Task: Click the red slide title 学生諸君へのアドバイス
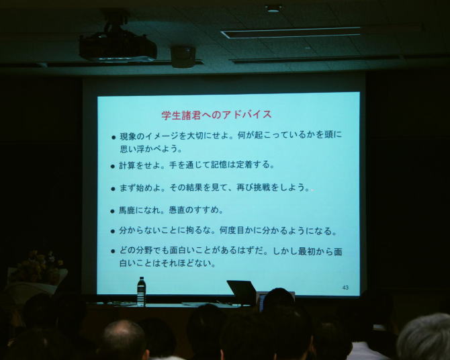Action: coord(216,115)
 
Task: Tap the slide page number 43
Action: coord(345,287)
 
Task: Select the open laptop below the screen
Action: coord(242,293)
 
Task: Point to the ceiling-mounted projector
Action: coord(118,43)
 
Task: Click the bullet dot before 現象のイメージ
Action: coord(114,138)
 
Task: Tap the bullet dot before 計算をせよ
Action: coord(113,166)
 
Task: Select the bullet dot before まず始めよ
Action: coord(113,189)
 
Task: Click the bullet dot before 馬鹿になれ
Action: coord(113,212)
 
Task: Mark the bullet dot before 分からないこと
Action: coord(113,231)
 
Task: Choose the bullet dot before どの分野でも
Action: coord(113,251)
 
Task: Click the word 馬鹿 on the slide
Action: coord(127,210)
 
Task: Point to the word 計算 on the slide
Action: coord(127,165)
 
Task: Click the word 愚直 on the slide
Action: coord(177,210)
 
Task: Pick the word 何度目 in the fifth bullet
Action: coord(232,230)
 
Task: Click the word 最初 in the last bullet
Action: coord(307,251)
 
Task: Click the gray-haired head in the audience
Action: coord(424,337)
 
